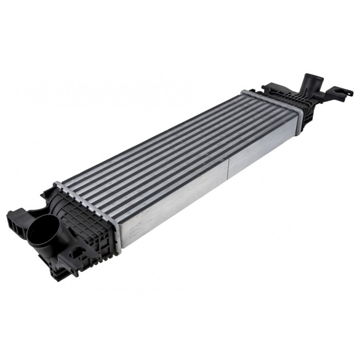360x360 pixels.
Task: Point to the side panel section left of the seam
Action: coord(175,206)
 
